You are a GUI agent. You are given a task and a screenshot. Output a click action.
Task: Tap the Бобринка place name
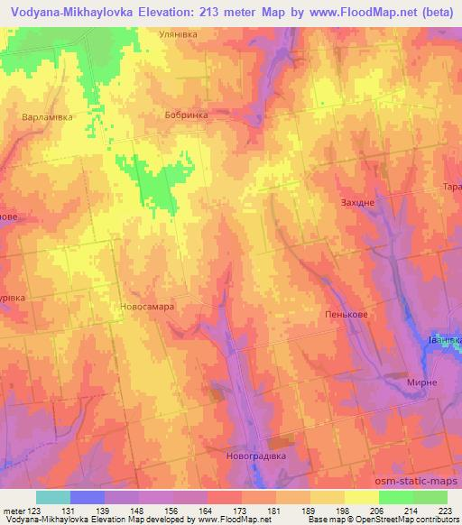[x=187, y=115]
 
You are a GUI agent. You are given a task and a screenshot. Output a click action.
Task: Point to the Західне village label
[x=357, y=203]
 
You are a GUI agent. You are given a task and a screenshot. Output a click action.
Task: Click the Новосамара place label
[x=146, y=306]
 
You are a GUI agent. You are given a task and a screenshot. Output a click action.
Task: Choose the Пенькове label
[x=343, y=315]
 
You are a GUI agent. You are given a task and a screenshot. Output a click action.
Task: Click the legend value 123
[x=36, y=511]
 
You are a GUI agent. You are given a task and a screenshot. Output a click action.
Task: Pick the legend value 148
[x=138, y=511]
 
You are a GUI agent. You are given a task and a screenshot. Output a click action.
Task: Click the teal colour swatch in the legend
[x=53, y=497]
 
